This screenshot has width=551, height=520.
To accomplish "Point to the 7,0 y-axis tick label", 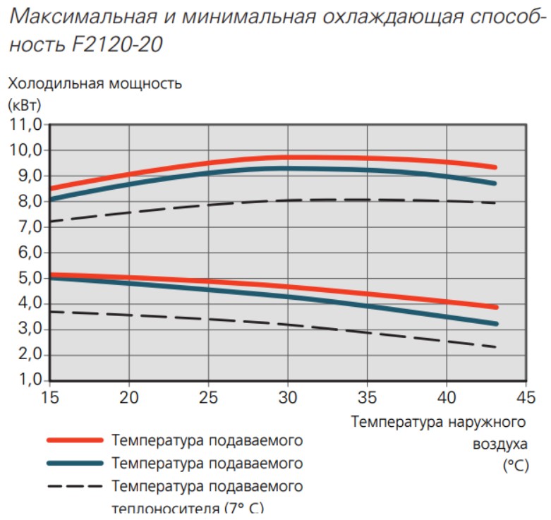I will [x=25, y=227].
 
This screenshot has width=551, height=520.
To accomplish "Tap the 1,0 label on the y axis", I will [x=25, y=381].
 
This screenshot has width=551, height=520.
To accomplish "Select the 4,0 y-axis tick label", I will [x=25, y=304].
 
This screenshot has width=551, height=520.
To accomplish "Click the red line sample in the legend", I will [x=75, y=440].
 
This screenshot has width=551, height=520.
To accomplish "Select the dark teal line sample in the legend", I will [x=75, y=463].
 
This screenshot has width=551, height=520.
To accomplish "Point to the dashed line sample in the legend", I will [x=75, y=486].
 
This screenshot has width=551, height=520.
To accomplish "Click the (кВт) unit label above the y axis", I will [x=25, y=106].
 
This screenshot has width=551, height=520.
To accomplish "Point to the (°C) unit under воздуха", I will [x=515, y=466].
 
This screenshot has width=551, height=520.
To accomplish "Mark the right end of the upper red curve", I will [x=495, y=167].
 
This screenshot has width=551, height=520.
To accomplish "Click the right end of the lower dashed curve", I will [x=495, y=346].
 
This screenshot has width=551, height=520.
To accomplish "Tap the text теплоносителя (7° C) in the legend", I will [x=188, y=507].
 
